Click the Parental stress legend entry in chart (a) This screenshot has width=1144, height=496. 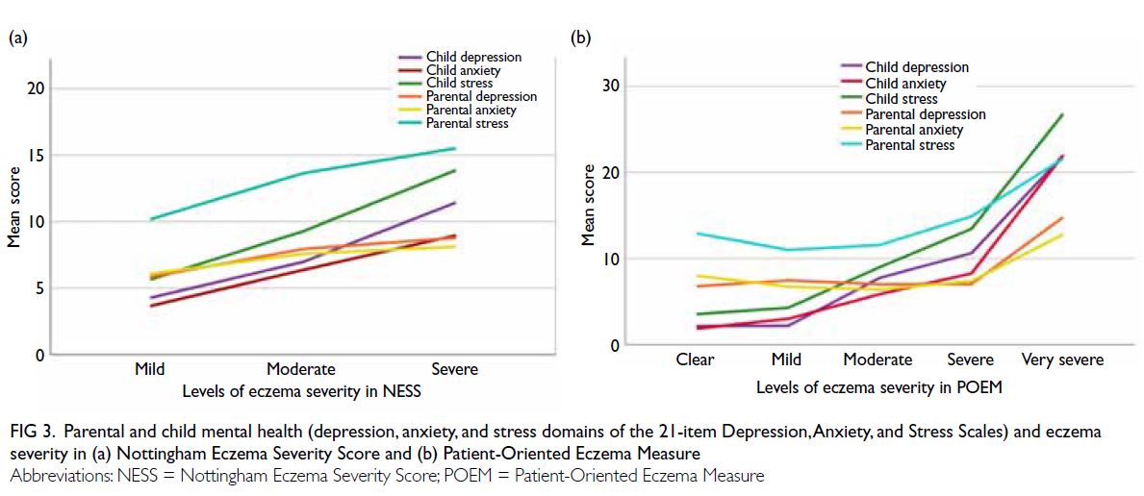(x=453, y=123)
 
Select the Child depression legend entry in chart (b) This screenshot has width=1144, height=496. (x=904, y=67)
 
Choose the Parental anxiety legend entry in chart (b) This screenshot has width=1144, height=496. (x=902, y=130)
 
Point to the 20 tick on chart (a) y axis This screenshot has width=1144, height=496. (x=35, y=88)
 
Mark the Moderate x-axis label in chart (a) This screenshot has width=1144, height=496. (x=300, y=368)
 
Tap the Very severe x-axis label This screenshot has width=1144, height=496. (x=1061, y=360)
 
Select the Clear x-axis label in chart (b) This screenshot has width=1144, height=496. (x=696, y=360)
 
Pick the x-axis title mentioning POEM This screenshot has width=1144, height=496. (x=879, y=387)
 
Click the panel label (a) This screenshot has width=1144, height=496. (x=16, y=38)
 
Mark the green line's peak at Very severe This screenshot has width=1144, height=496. (x=1062, y=114)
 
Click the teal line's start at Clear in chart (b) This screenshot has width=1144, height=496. (x=699, y=234)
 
